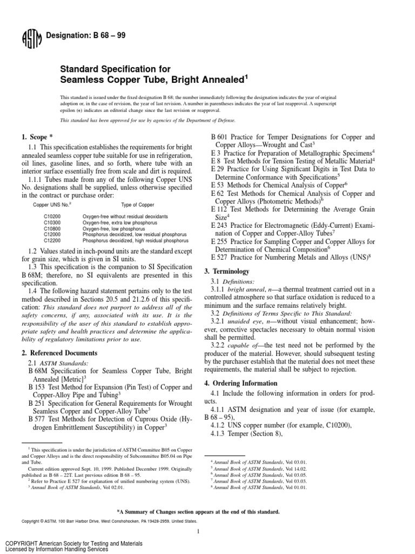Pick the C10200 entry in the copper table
pyautogui.click(x=52, y=216)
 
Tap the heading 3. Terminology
pyautogui.click(x=226, y=271)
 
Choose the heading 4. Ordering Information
pyautogui.click(x=241, y=383)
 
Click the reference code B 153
pyautogui.click(x=36, y=387)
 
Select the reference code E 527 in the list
pyautogui.click(x=220, y=258)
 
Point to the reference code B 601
pyautogui.click(x=220, y=137)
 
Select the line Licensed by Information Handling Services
pyautogui.click(x=57, y=549)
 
